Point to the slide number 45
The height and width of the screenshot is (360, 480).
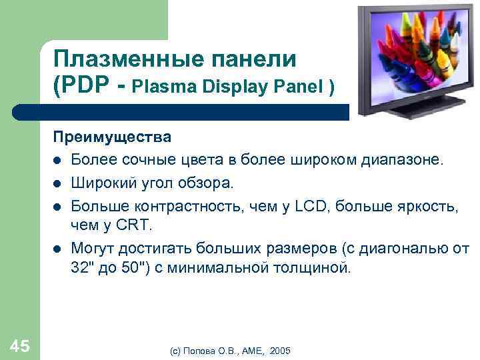tap(20, 345)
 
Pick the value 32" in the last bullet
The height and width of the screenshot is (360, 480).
tap(84, 269)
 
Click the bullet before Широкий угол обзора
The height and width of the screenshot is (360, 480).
tap(59, 183)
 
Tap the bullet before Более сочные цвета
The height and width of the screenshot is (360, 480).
tap(59, 161)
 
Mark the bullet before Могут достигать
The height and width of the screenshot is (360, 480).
tap(59, 249)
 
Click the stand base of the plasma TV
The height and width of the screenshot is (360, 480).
tap(410, 107)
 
